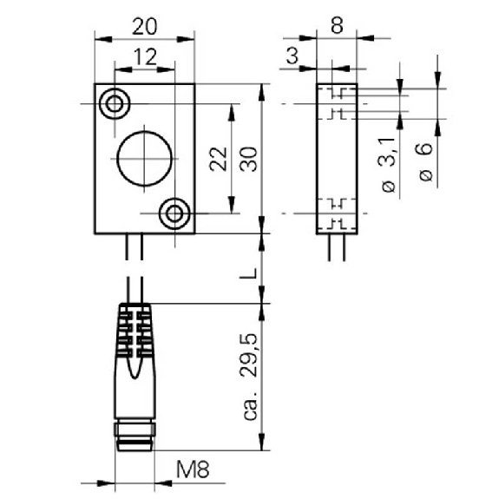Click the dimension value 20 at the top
click(x=144, y=26)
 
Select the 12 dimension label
click(x=145, y=57)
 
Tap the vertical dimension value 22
click(x=219, y=159)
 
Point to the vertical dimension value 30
click(x=248, y=159)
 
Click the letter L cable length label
click(x=248, y=273)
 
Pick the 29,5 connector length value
click(x=248, y=355)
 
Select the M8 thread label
click(x=193, y=469)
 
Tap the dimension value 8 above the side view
click(x=337, y=25)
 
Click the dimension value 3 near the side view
click(x=292, y=56)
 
